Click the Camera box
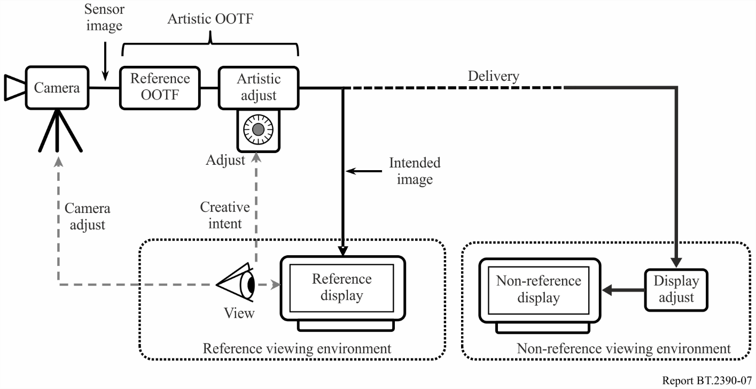(x=57, y=88)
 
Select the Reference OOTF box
(x=160, y=88)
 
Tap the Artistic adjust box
(x=259, y=88)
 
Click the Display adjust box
(x=676, y=289)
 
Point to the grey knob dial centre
(x=258, y=129)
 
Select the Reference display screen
(x=342, y=288)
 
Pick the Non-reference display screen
(x=539, y=290)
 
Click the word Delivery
(x=494, y=77)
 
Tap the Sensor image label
(x=104, y=18)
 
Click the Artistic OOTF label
(x=211, y=19)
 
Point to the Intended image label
(x=415, y=171)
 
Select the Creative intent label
(x=225, y=215)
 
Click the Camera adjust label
(x=88, y=217)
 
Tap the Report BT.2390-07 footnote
(x=707, y=380)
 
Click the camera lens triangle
(x=15, y=88)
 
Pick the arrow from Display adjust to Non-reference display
(x=623, y=290)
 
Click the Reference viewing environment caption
(x=297, y=349)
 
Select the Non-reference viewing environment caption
(x=623, y=349)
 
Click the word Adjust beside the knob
(x=225, y=161)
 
